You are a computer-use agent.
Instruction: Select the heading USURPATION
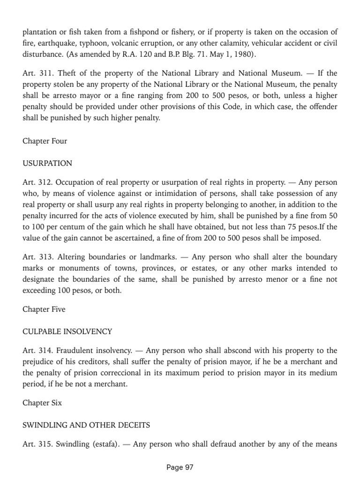coord(47,164)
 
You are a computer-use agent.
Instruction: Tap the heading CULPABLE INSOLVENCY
coord(67,331)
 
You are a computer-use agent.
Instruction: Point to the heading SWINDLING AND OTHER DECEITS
coord(86,425)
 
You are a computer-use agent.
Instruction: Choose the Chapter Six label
coord(42,403)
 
